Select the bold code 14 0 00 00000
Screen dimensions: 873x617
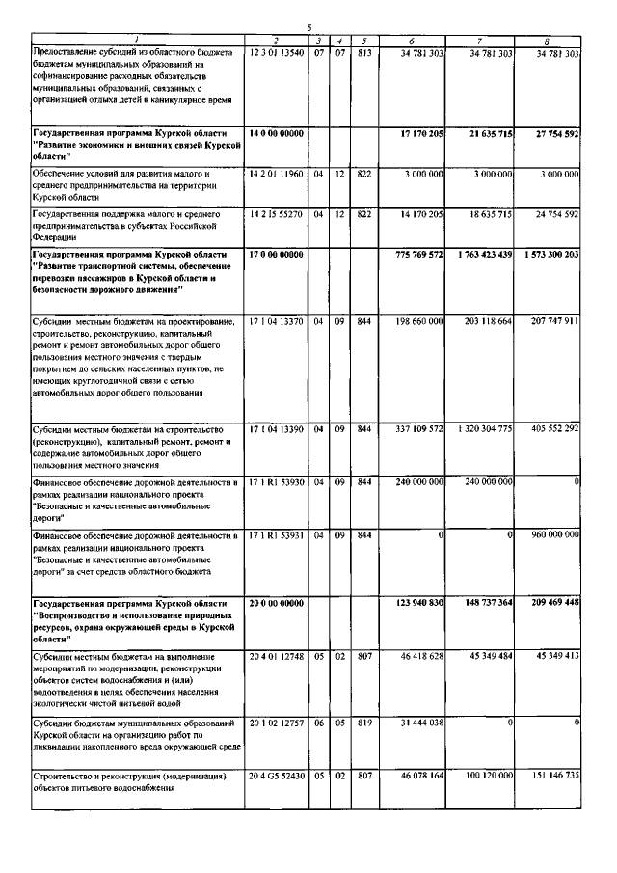276,132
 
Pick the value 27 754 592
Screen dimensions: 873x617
552,132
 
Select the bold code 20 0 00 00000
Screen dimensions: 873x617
276,602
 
